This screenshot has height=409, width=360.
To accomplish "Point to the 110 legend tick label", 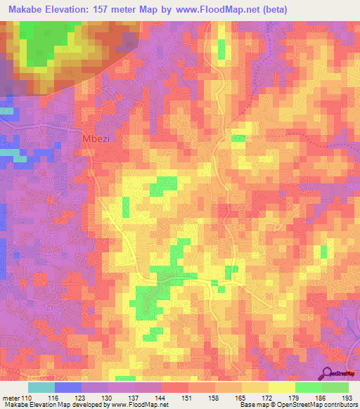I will click(x=27, y=398).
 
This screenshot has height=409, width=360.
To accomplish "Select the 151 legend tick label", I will click(x=188, y=398).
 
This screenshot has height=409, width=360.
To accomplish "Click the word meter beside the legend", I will click(x=10, y=398).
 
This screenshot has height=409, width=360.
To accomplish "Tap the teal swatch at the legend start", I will click(x=41, y=387).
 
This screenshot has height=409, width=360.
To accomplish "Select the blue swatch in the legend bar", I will click(x=67, y=387).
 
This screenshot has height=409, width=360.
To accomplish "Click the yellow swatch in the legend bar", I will click(x=281, y=387).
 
